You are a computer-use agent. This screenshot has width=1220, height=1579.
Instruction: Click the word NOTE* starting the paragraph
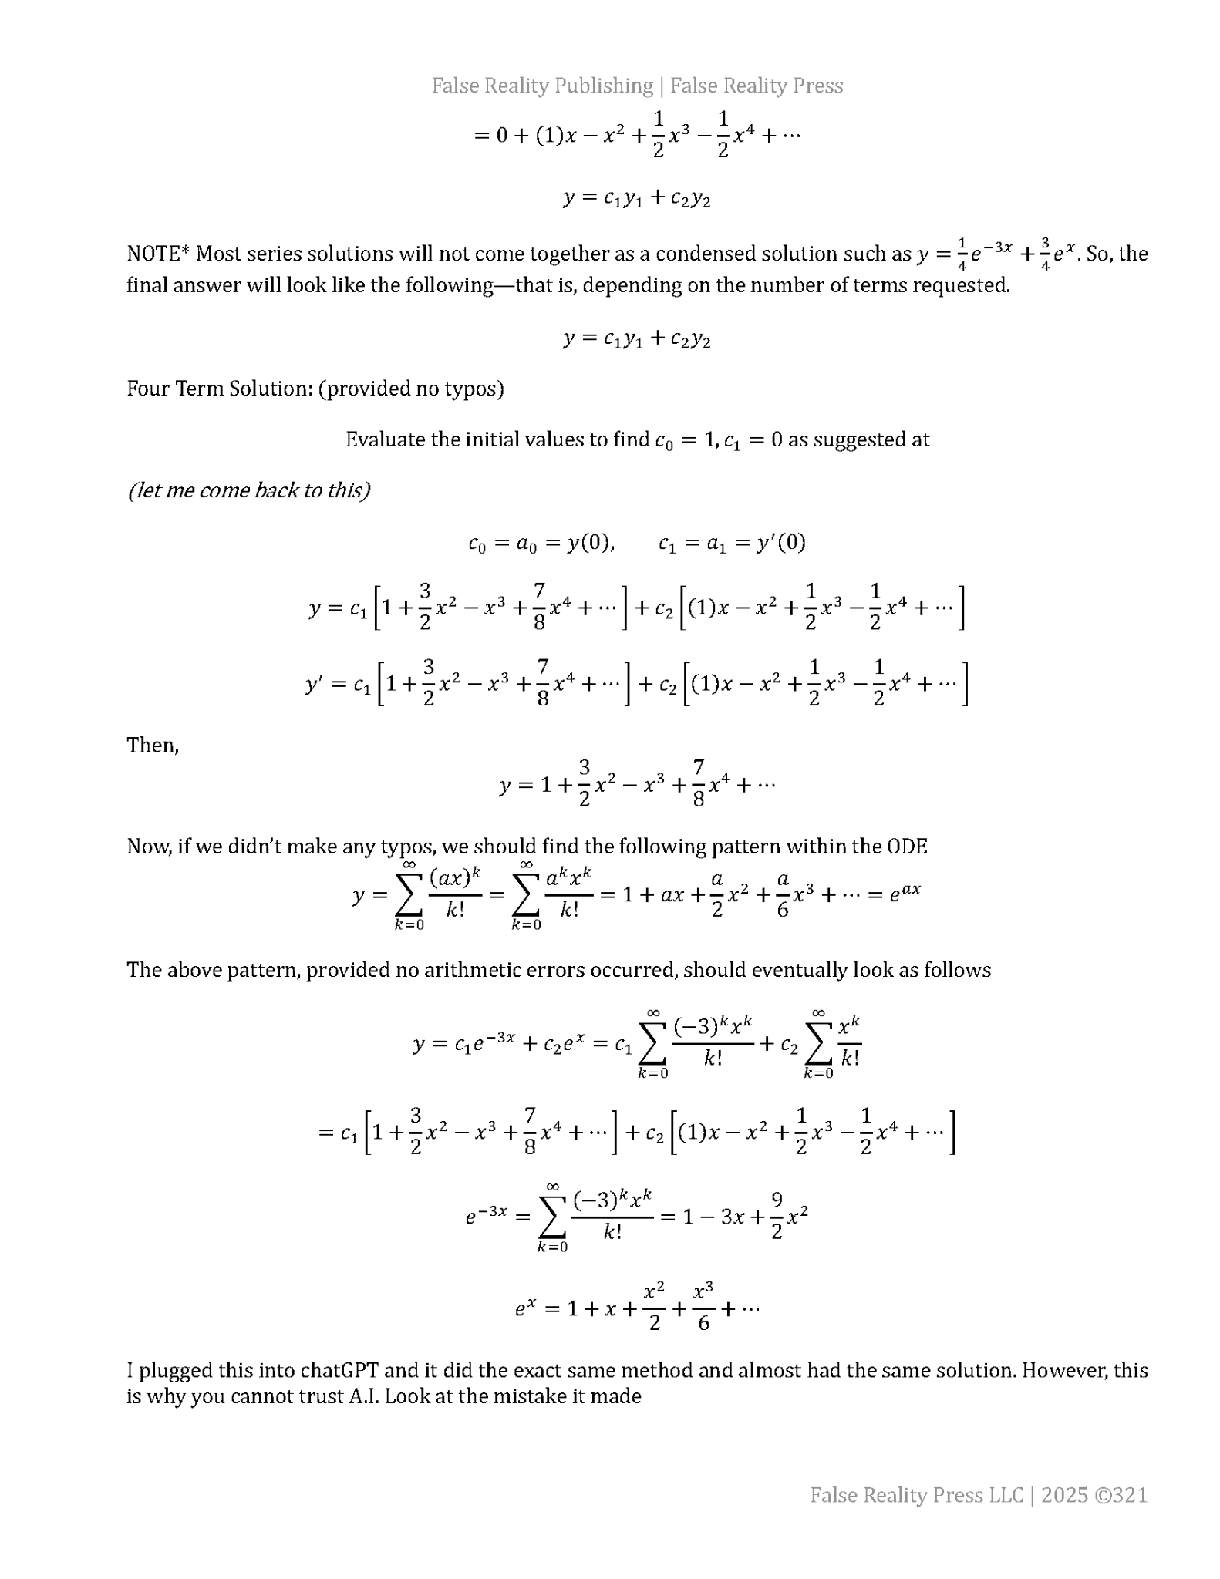pos(158,254)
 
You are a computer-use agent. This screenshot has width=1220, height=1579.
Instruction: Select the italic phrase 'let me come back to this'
pos(249,490)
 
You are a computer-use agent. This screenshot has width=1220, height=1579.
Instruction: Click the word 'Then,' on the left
pos(153,745)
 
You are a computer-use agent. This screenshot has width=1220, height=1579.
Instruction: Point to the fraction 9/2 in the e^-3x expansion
pos(777,1215)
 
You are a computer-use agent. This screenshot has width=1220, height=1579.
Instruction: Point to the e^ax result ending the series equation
pos(905,893)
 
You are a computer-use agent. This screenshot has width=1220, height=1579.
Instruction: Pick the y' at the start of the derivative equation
pos(315,685)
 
